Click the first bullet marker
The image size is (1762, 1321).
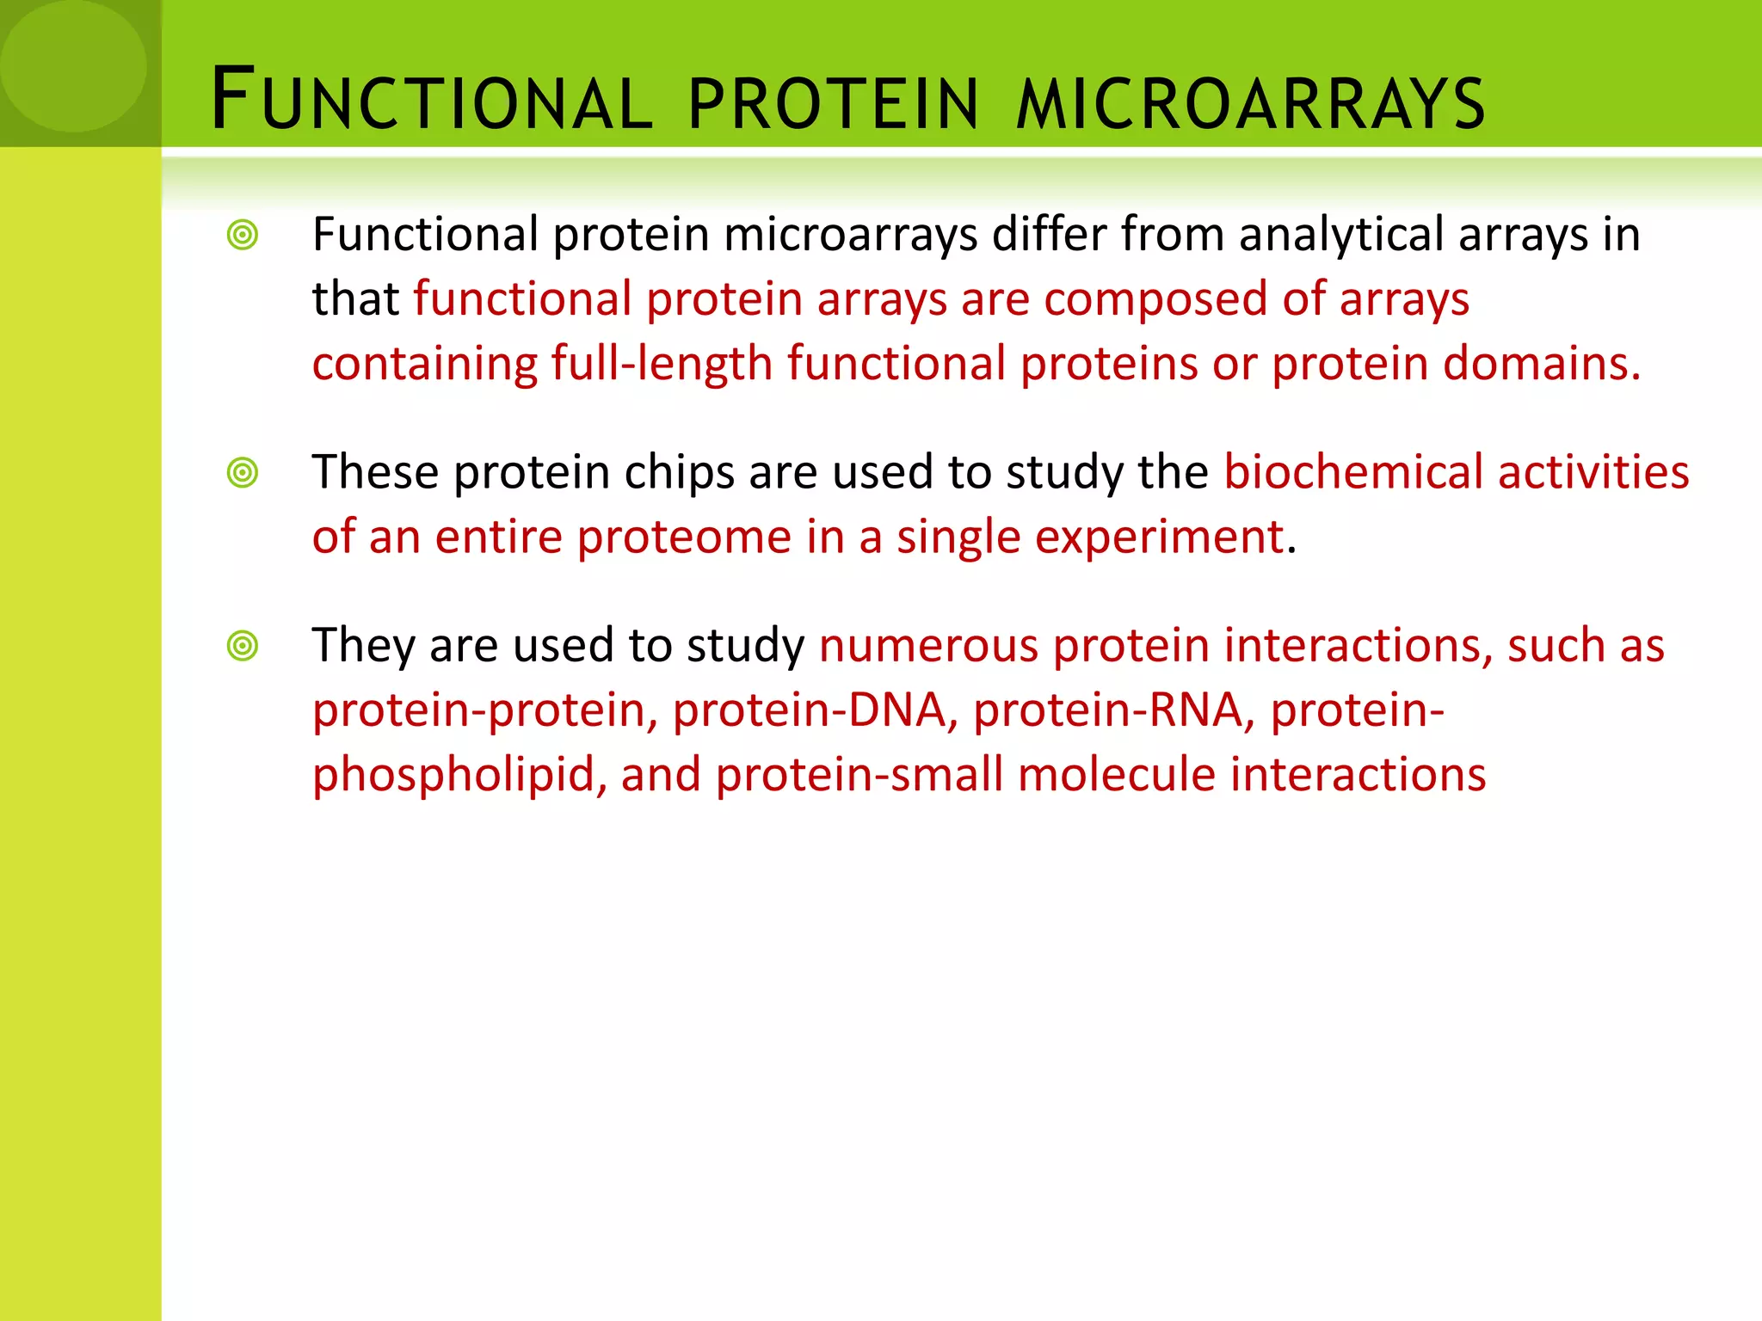243,235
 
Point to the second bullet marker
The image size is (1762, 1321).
243,472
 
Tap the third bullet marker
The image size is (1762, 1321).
243,645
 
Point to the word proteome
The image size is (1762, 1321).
684,538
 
